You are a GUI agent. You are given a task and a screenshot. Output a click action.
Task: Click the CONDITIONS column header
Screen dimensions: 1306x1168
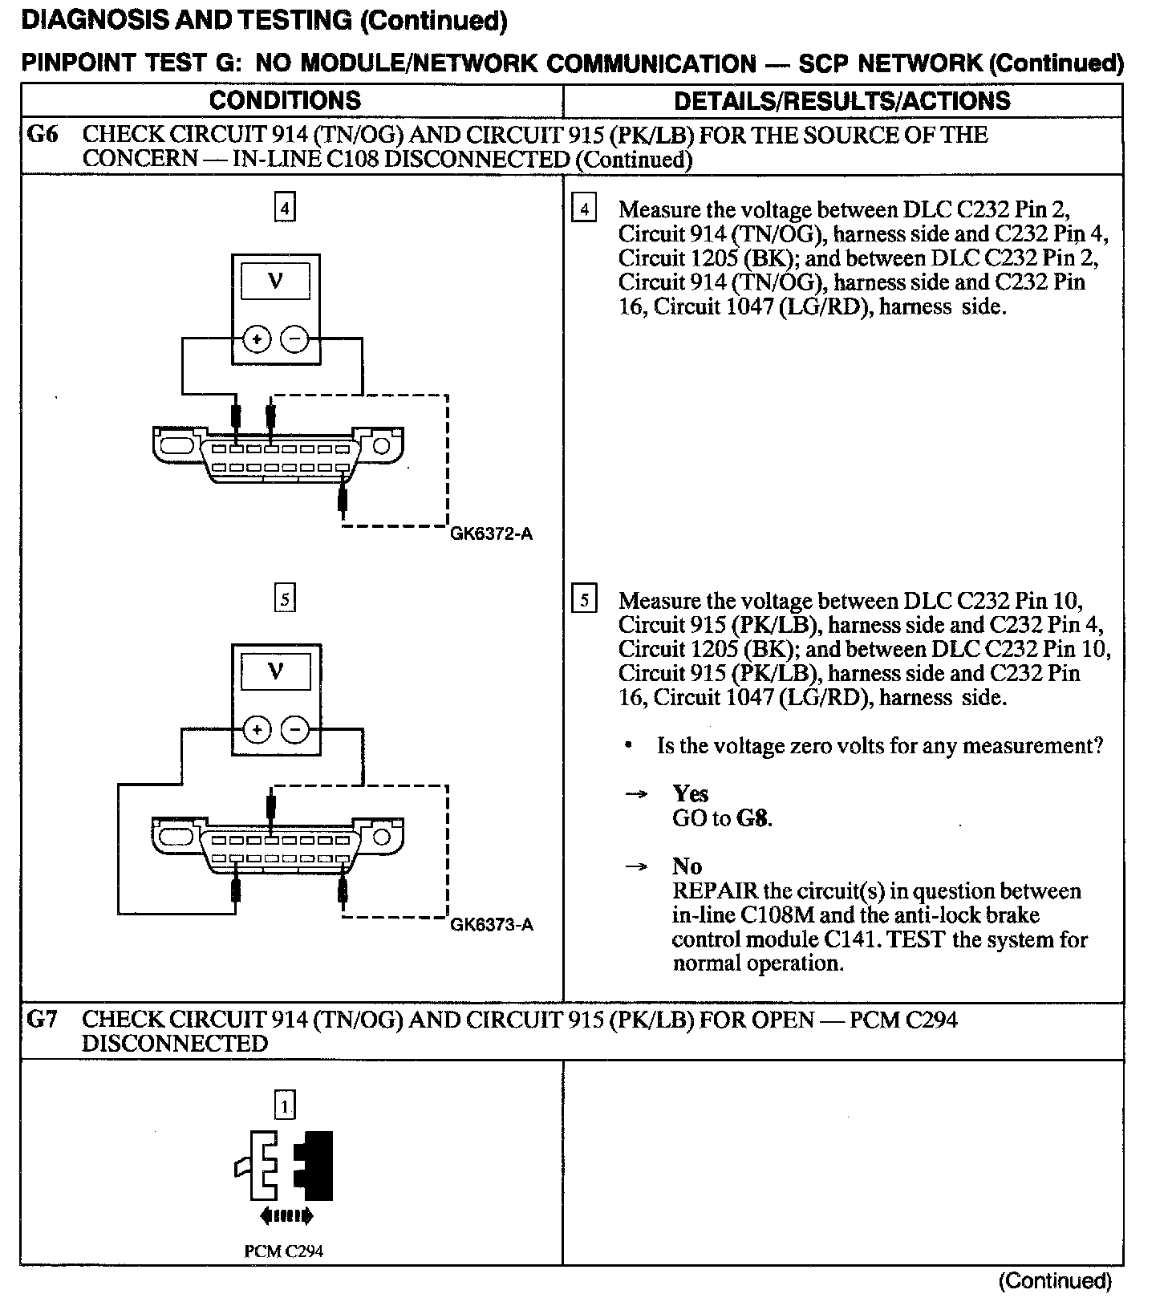285,100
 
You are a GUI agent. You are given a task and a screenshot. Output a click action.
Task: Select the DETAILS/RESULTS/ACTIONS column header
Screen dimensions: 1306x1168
842,100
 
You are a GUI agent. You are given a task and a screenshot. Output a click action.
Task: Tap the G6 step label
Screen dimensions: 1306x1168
43,135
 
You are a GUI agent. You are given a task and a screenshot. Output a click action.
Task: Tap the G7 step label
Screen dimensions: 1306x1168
43,1020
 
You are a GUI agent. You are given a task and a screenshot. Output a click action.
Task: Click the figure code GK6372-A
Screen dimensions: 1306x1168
491,533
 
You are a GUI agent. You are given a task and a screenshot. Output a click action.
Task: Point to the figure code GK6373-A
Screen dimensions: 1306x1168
491,924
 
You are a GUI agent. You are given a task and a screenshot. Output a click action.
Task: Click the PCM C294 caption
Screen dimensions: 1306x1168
284,1250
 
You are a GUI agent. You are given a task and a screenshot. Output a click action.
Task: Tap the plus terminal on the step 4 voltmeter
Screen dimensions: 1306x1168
257,339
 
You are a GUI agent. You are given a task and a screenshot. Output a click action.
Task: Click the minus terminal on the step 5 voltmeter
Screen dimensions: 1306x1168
296,730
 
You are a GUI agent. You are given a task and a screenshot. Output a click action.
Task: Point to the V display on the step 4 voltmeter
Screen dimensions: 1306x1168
275,281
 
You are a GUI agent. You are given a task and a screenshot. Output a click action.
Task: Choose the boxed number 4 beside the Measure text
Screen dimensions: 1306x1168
584,209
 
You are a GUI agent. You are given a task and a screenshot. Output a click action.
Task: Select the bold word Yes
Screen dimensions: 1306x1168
690,794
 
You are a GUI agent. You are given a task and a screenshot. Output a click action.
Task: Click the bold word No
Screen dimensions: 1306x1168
687,866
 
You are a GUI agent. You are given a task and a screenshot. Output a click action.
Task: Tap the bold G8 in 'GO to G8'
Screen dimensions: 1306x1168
752,818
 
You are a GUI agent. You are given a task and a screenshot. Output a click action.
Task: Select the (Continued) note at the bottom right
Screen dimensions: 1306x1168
1055,1281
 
